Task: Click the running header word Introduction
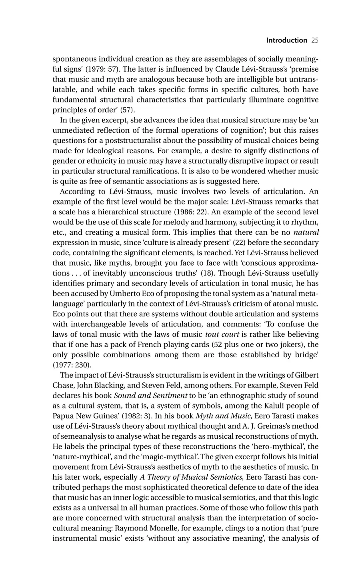pos(286,40)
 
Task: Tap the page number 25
pos(314,40)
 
